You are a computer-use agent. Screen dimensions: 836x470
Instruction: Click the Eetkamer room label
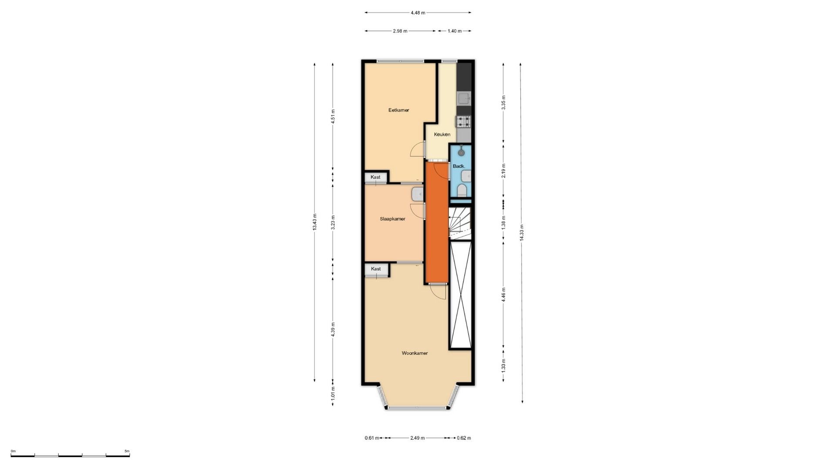[398, 110]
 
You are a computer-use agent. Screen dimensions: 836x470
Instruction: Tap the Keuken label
[442, 134]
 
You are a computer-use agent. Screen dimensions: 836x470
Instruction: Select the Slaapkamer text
[392, 219]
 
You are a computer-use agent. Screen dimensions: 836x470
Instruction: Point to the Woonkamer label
[415, 353]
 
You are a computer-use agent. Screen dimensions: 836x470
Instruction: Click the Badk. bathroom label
[459, 166]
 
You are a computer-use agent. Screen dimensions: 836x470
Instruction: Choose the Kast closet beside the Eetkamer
[375, 177]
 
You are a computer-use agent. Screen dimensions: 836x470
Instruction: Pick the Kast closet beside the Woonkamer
[376, 269]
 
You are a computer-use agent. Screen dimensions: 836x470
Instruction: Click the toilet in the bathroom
[462, 191]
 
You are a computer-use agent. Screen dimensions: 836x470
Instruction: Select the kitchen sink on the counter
[464, 98]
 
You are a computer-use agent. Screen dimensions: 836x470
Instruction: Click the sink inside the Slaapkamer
[417, 194]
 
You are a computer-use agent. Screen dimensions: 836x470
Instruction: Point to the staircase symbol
[460, 223]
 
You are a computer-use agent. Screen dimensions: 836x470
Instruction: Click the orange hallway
[437, 222]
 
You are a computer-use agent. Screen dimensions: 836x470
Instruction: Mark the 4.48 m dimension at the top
[418, 13]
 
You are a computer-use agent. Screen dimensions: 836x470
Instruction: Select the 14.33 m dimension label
[522, 232]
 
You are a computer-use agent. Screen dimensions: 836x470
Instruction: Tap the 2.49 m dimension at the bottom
[417, 438]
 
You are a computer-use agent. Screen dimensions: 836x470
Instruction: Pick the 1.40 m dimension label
[455, 31]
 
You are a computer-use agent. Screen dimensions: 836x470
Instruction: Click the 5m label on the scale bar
[127, 451]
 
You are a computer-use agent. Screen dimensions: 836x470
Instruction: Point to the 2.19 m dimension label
[503, 171]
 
